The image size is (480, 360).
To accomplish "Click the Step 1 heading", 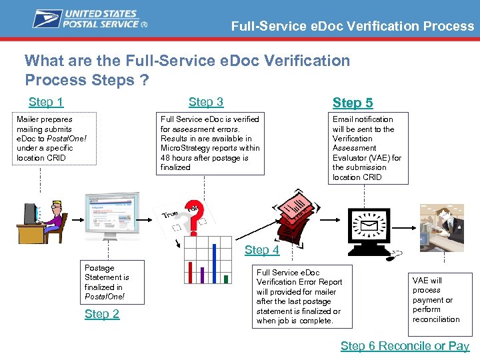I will pos(46,102).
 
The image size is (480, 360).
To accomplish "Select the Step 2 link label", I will pos(102,314).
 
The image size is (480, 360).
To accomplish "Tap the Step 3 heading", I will pos(206,102).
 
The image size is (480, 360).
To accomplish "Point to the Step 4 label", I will pos(262,250).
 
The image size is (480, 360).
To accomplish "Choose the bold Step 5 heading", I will pos(353,103).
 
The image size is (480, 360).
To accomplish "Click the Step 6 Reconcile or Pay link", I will pos(405,345).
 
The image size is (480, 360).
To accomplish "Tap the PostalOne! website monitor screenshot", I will pos(111,215).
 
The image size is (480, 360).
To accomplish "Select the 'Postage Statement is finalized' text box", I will pos(107,282).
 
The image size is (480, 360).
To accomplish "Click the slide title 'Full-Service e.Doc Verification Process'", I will pos(353,27).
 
